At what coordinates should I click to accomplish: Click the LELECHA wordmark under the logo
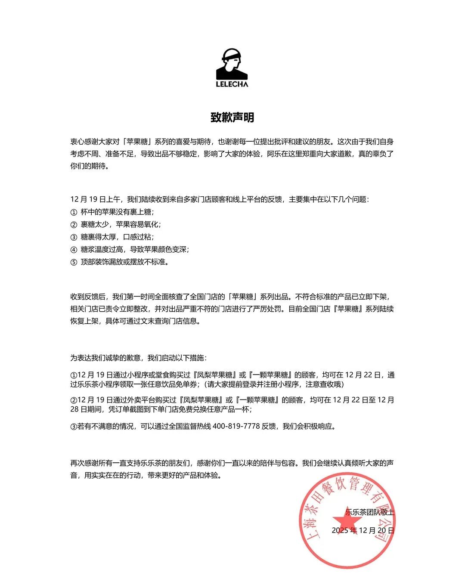(232, 84)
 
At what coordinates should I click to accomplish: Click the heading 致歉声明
(232, 117)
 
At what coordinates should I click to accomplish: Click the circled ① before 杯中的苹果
(74, 212)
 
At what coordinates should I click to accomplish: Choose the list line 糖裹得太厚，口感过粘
(117, 237)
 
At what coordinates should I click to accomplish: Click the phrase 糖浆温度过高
(102, 249)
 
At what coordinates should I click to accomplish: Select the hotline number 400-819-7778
(236, 426)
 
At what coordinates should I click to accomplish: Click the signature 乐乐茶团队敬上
(369, 512)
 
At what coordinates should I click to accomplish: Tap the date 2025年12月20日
(363, 530)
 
